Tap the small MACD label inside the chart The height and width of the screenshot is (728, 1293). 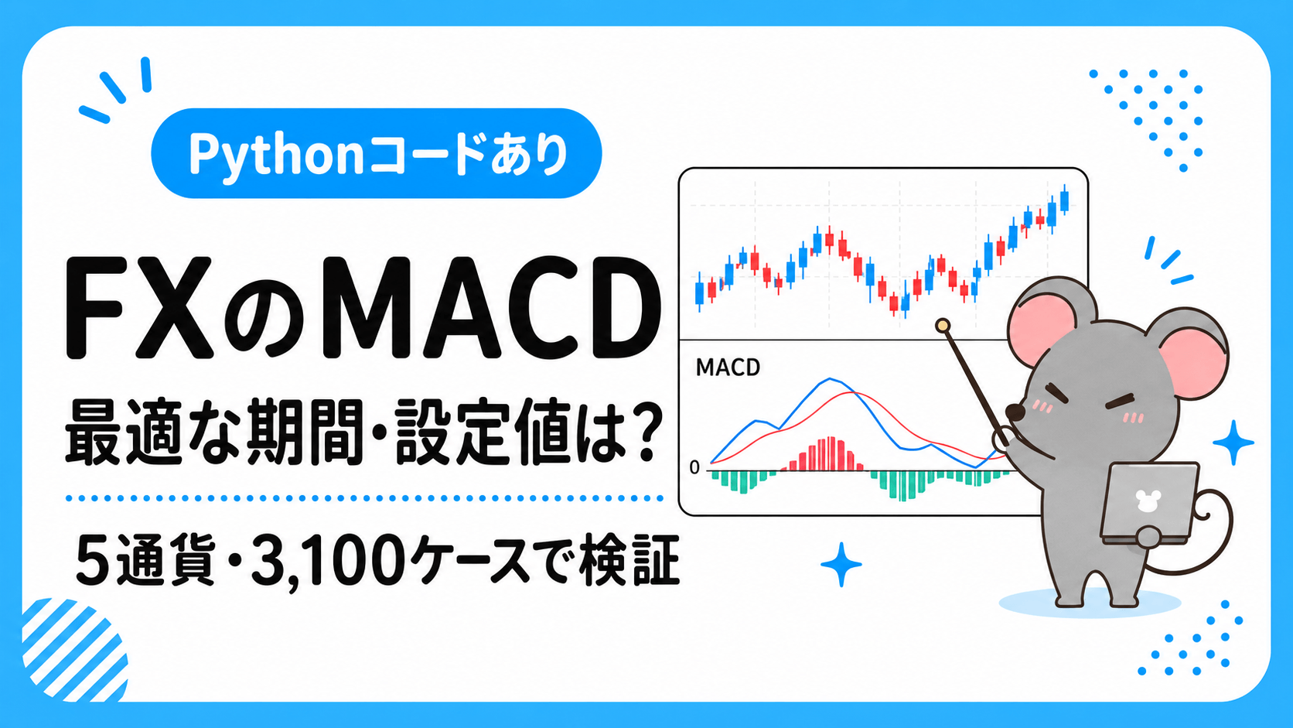[728, 367]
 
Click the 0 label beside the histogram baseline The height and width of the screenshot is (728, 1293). [694, 467]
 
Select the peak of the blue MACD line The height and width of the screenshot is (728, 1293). [830, 379]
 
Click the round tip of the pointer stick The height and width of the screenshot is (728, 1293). [943, 326]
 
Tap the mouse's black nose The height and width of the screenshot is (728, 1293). [1015, 412]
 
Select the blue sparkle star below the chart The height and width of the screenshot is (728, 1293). [841, 564]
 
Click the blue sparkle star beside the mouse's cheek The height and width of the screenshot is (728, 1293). [1233, 443]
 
